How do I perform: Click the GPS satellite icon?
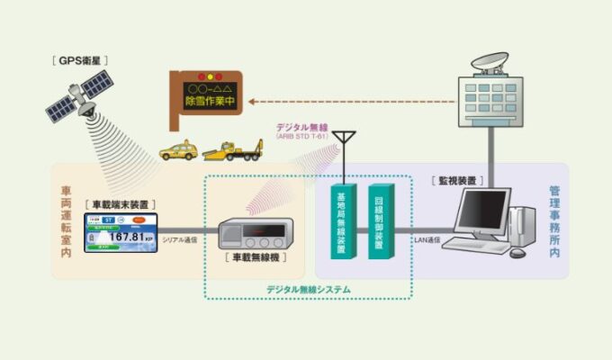pos(80,99)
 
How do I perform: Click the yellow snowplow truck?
pos(232,148)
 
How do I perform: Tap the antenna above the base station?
pos(343,144)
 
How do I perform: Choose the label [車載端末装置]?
pos(121,205)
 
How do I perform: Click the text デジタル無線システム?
pos(308,289)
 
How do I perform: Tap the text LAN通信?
pos(426,239)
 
